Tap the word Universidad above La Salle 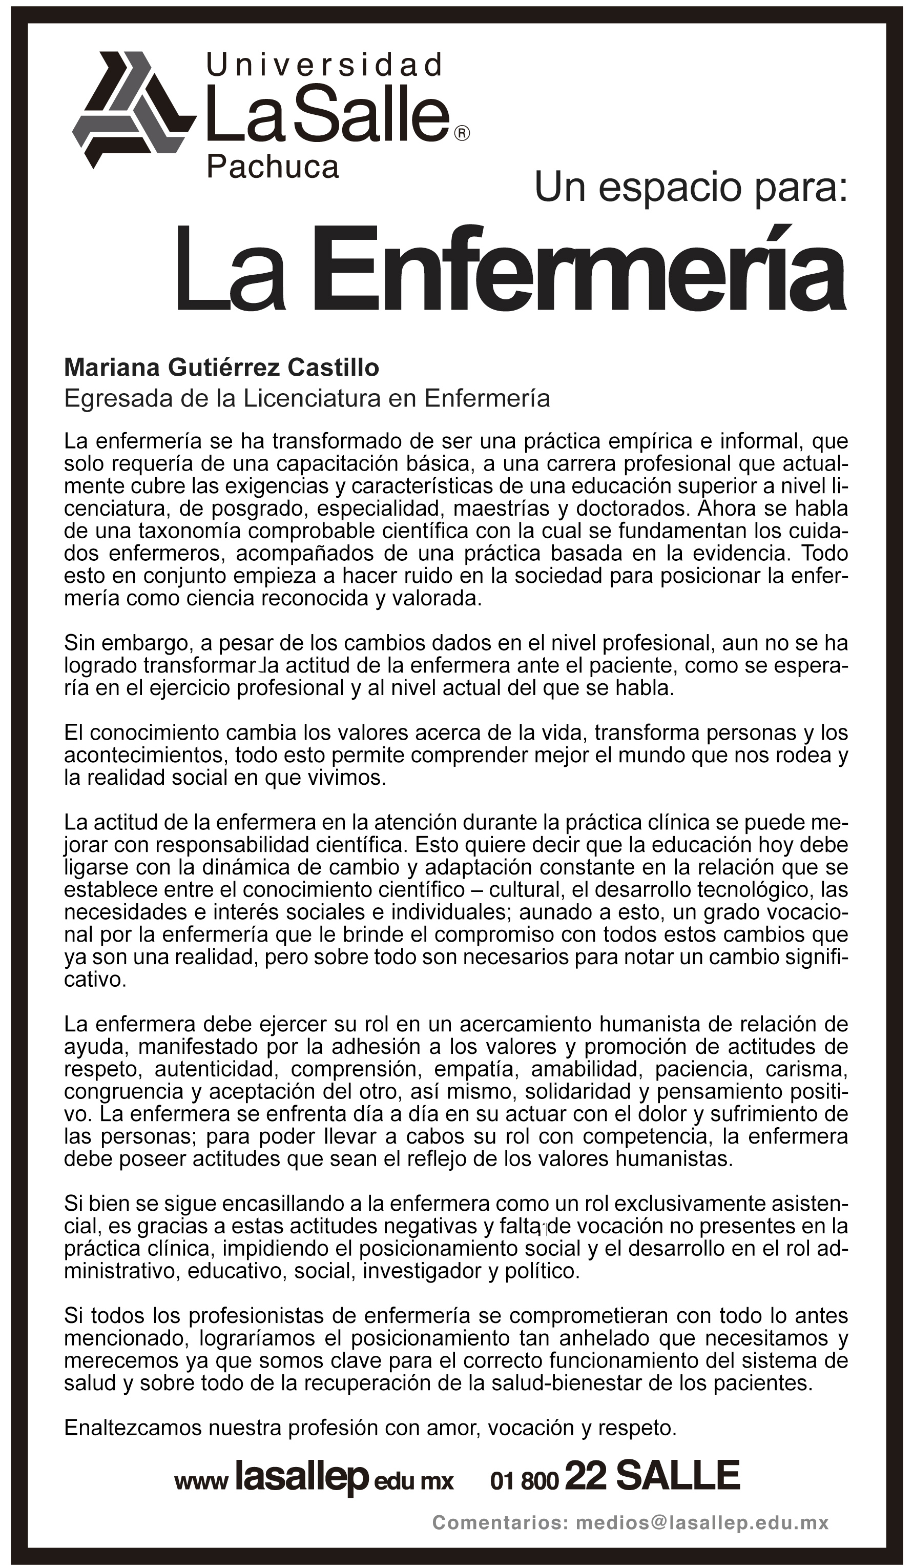pos(324,65)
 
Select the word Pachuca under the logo pos(272,167)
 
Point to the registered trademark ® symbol pos(463,133)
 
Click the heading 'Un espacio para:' pos(691,187)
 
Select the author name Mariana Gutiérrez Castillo pos(221,368)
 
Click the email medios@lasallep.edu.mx pos(702,1523)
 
